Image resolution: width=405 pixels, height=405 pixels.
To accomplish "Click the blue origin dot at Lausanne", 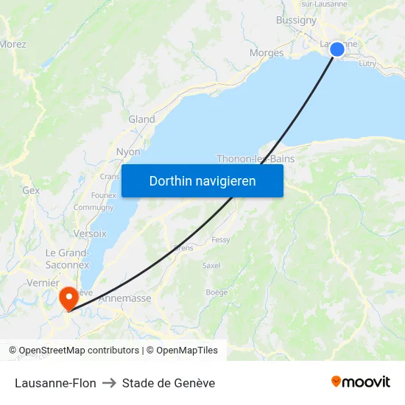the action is point(337,49).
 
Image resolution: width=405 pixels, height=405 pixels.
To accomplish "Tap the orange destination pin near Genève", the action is point(68,298).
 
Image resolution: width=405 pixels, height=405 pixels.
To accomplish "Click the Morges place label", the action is point(267,53).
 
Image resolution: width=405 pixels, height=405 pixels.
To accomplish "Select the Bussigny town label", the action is point(296,21).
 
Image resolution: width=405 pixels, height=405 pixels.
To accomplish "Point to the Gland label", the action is point(141,119).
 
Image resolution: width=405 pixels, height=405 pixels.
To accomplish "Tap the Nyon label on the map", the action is point(128,152).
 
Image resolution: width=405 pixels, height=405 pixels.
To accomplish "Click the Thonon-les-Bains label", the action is point(256,158).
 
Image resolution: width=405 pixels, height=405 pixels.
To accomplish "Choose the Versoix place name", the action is point(90,233).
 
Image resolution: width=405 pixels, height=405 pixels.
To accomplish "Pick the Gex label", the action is point(31,190).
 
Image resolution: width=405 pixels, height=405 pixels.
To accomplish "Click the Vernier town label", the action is point(42,283).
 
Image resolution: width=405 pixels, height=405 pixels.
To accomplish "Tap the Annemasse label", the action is point(124,298).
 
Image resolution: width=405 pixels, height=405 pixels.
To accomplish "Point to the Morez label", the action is point(13,44).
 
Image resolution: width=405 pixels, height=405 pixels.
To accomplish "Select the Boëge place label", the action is point(216,292).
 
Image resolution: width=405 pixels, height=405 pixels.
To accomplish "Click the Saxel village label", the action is point(211,265).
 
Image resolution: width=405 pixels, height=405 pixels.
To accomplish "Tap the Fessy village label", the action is point(220,240).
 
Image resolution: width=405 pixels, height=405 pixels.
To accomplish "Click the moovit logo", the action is point(361,382).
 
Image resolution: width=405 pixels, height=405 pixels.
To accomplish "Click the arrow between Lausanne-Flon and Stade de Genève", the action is point(109,383).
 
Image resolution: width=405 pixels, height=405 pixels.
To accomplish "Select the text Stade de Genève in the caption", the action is point(169,383).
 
